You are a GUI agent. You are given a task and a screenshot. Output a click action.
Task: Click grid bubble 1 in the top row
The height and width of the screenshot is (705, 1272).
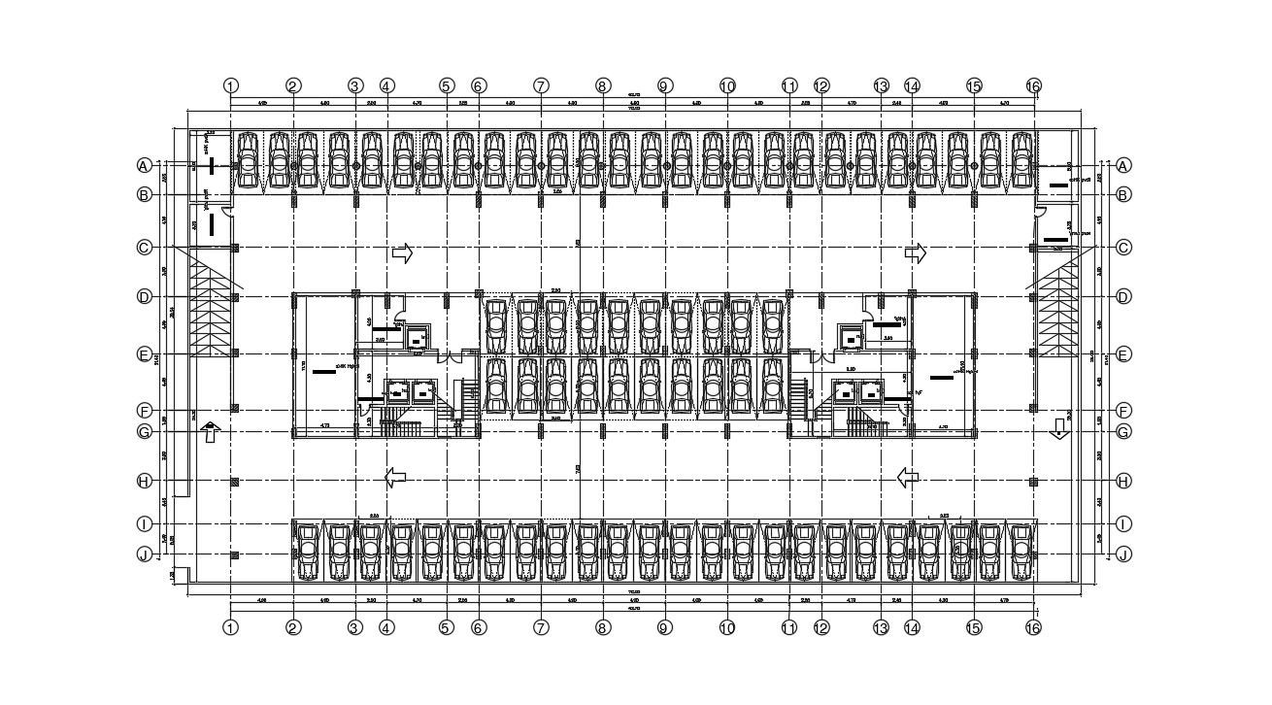coord(230,85)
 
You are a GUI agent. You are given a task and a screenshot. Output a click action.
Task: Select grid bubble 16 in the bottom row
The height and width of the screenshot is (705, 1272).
coord(1033,627)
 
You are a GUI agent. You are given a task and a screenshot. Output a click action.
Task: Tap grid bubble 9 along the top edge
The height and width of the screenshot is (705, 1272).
coord(664,85)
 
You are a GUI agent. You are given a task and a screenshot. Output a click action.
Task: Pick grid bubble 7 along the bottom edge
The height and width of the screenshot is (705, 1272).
coord(541,627)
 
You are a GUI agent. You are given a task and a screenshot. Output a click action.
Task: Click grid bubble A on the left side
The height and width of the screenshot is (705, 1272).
coord(144,166)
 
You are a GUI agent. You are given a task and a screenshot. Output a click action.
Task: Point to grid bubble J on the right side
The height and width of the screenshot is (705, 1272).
coord(1123,554)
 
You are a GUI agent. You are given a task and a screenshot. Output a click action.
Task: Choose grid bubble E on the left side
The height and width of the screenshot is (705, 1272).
coord(144,354)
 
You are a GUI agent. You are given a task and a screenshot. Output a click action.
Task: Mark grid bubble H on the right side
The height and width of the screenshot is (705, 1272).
coord(1123,481)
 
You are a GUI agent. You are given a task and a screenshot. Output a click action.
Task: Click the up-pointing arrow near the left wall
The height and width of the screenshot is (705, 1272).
coord(210,433)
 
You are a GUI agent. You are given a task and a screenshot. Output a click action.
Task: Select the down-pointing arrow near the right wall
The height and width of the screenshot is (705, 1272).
coord(1058,429)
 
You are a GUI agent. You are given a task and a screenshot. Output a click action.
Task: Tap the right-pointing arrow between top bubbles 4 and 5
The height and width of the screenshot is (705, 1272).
coord(402,253)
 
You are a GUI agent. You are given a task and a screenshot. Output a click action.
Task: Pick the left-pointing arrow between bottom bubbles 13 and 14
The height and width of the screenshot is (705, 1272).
coord(908,477)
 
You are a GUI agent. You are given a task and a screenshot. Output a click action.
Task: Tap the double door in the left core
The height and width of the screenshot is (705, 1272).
coord(449,357)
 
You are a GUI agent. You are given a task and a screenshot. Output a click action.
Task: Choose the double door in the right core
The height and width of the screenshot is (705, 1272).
coord(821,357)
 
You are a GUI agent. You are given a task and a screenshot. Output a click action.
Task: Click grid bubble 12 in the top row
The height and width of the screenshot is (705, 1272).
coord(821,85)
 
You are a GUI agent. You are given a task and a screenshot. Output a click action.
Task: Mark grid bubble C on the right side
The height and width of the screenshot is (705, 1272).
coord(1123,248)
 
